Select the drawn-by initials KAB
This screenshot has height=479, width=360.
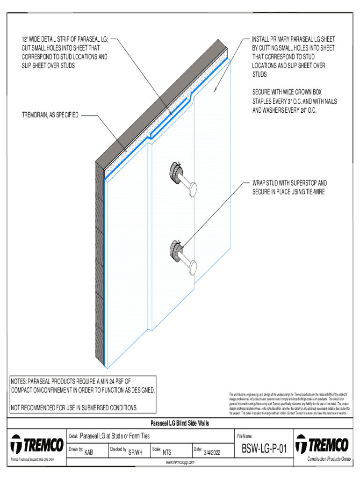pyautogui.click(x=88, y=452)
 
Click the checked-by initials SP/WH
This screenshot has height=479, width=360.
pyautogui.click(x=135, y=452)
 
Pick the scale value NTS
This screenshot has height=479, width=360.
pyautogui.click(x=166, y=452)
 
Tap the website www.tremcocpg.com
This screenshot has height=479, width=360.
pyautogui.click(x=180, y=462)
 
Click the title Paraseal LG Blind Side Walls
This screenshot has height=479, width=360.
pyautogui.click(x=180, y=423)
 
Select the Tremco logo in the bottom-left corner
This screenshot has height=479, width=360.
pyautogui.click(x=37, y=444)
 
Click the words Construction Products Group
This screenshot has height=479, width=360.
pyautogui.click(x=329, y=459)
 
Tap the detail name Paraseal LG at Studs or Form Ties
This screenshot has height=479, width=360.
pyautogui.click(x=115, y=436)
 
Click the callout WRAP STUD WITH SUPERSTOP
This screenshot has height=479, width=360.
pyautogui.click(x=289, y=183)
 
